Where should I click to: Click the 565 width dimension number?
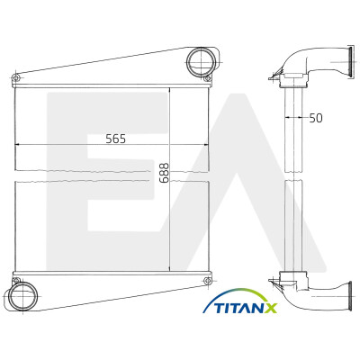pyautogui.click(x=116, y=139)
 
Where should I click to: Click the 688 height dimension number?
pyautogui.click(x=164, y=173)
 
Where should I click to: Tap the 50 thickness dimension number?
pyautogui.click(x=316, y=118)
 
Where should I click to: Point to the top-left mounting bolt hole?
pyautogui.click(x=16, y=78)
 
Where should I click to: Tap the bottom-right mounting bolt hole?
pyautogui.click(x=207, y=281)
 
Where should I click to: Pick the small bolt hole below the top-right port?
pyautogui.click(x=207, y=79)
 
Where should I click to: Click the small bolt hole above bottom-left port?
pyautogui.click(x=16, y=281)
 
